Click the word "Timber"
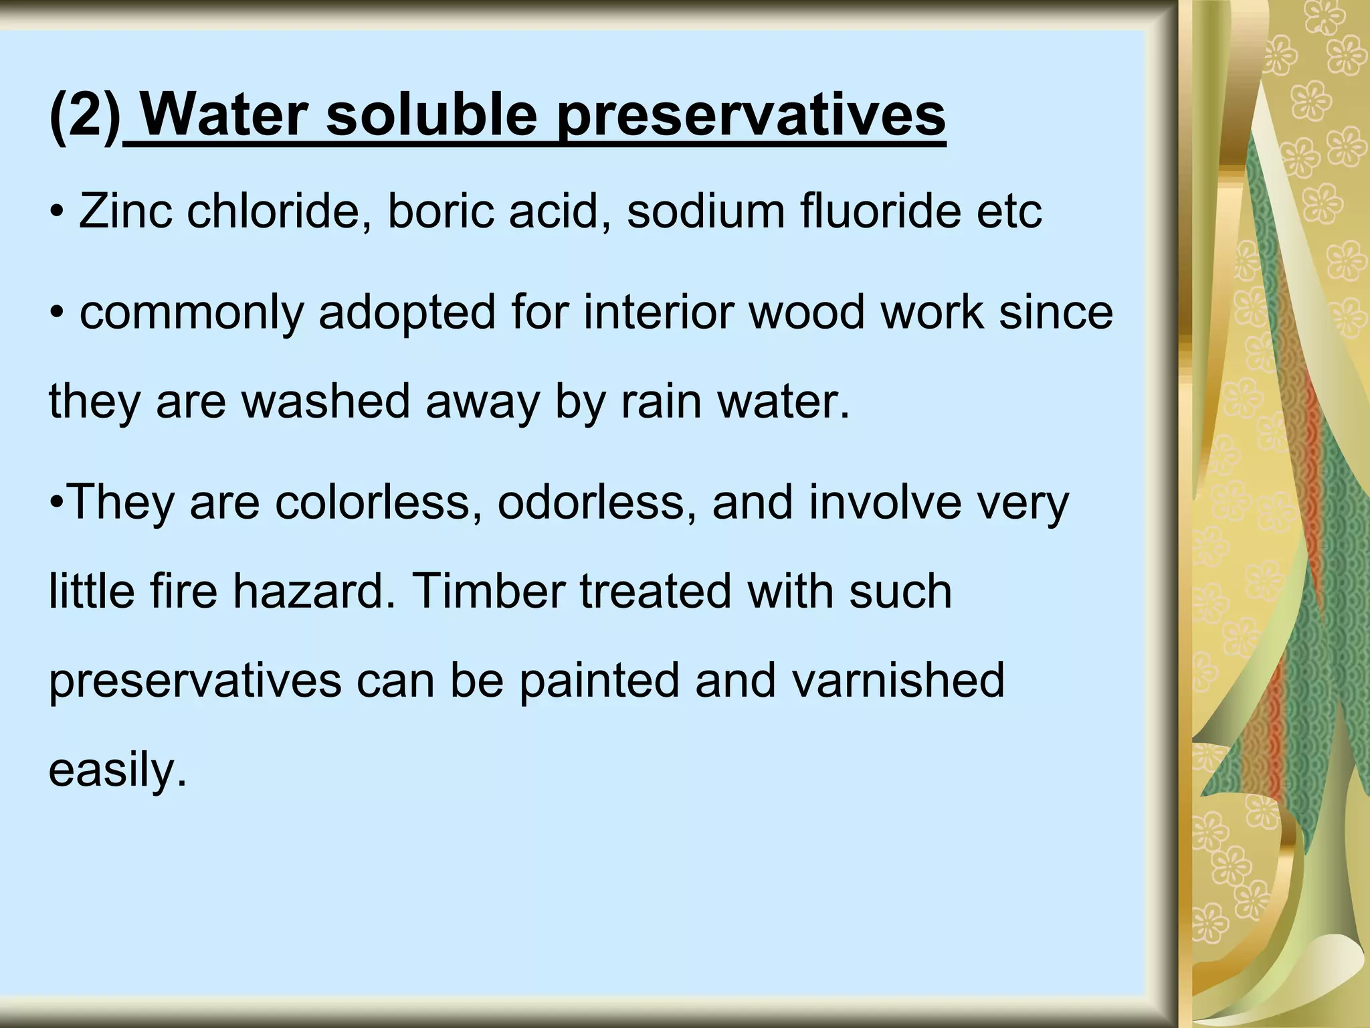coord(489,591)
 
